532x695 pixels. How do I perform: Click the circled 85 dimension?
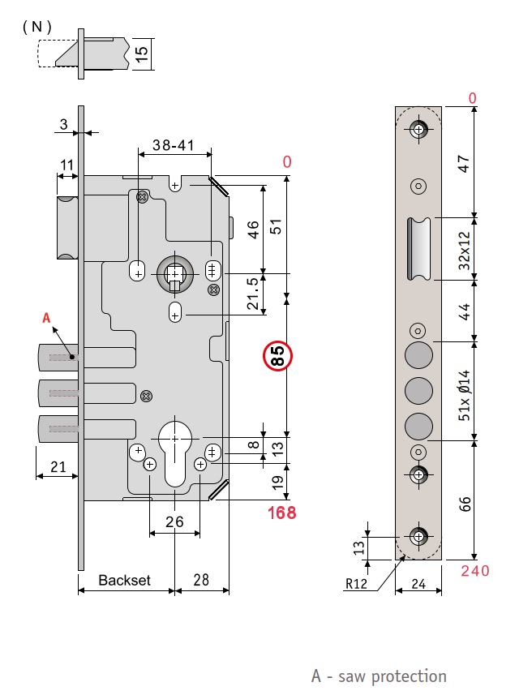coord(277,357)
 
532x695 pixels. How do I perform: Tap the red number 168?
coord(281,513)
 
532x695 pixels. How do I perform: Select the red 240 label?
coord(475,571)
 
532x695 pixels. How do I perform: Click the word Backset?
coord(125,581)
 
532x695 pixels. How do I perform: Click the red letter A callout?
coord(46,319)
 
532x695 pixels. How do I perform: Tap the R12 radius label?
coord(358,582)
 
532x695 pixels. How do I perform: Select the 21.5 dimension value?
coord(254,294)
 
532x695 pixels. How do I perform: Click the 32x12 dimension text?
coord(465,248)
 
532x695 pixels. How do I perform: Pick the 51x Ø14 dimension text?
coord(465,396)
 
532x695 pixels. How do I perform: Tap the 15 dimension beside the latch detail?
coord(142,54)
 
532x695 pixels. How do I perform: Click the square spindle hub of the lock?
coord(176,275)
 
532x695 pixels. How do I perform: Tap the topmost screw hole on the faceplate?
coord(418,130)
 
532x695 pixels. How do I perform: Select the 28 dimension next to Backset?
coord(202,581)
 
